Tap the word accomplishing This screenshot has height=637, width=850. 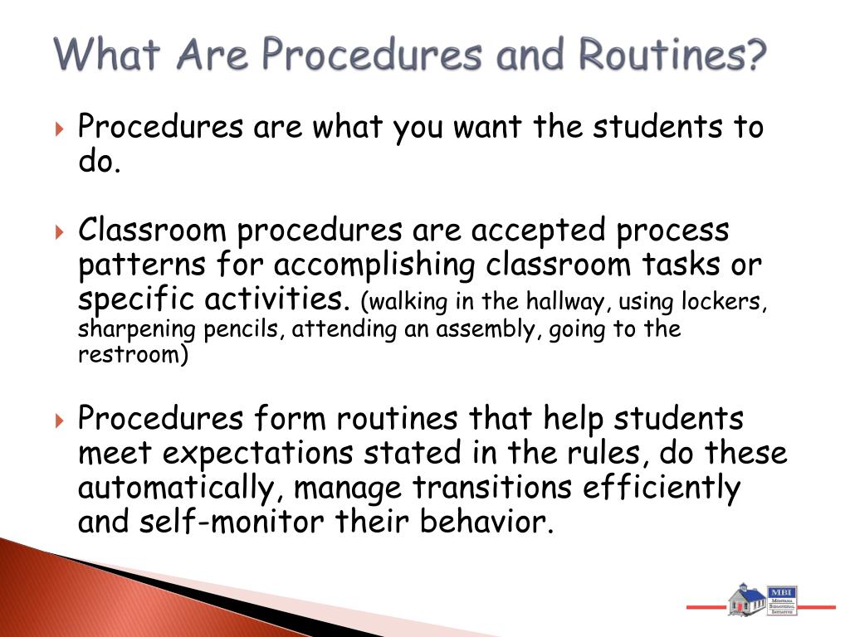click(x=375, y=265)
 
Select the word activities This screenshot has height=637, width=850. click(x=283, y=299)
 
